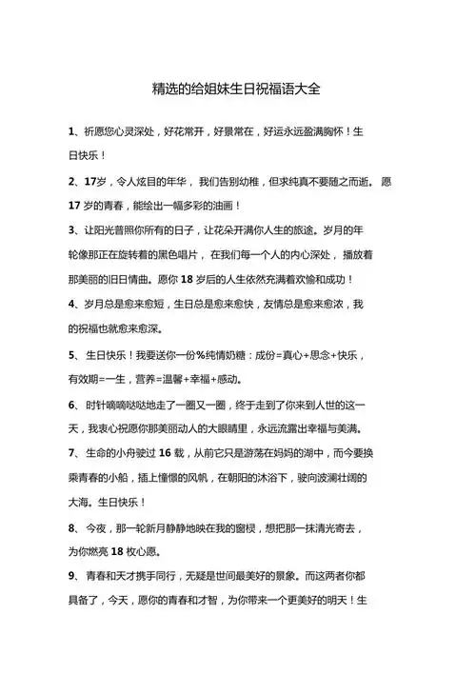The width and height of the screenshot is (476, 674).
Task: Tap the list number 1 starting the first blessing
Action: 72,130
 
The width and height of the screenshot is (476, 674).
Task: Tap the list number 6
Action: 72,403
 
